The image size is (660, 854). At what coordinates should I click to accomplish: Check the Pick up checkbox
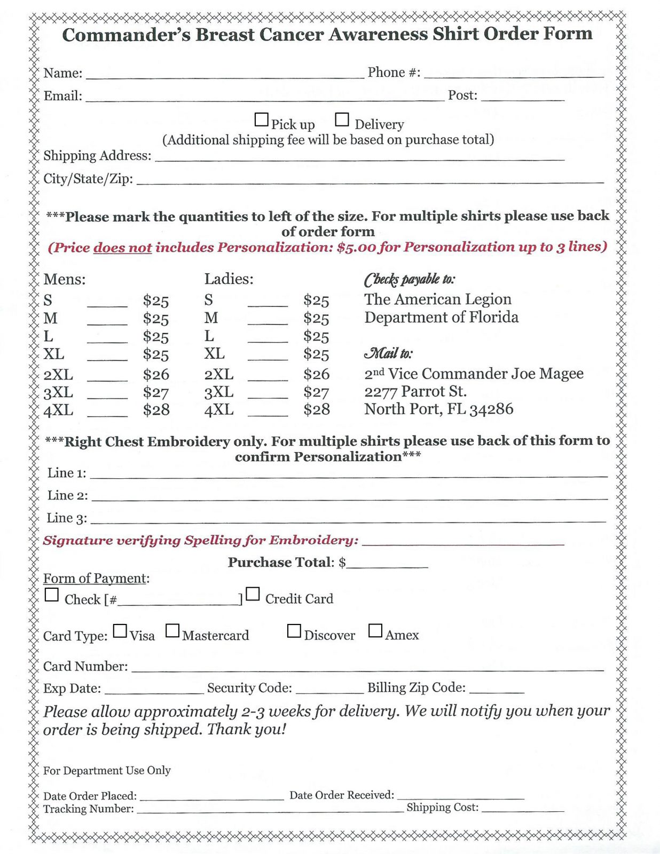(x=261, y=120)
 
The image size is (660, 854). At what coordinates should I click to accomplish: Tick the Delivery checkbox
(x=342, y=120)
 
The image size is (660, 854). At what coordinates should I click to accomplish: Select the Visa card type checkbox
(x=120, y=631)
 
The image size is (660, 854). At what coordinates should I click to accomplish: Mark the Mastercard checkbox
(x=172, y=631)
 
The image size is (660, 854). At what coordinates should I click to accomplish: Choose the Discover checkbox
(x=294, y=631)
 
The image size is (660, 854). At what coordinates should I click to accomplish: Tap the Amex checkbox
(x=375, y=631)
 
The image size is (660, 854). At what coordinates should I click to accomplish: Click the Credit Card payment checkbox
(x=253, y=594)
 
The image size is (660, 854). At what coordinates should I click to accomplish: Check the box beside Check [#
(x=52, y=595)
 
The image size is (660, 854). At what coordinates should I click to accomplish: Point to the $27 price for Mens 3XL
(x=156, y=393)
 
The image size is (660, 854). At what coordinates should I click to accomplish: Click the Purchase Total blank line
(x=387, y=564)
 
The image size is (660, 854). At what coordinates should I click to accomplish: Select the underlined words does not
(x=122, y=248)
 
